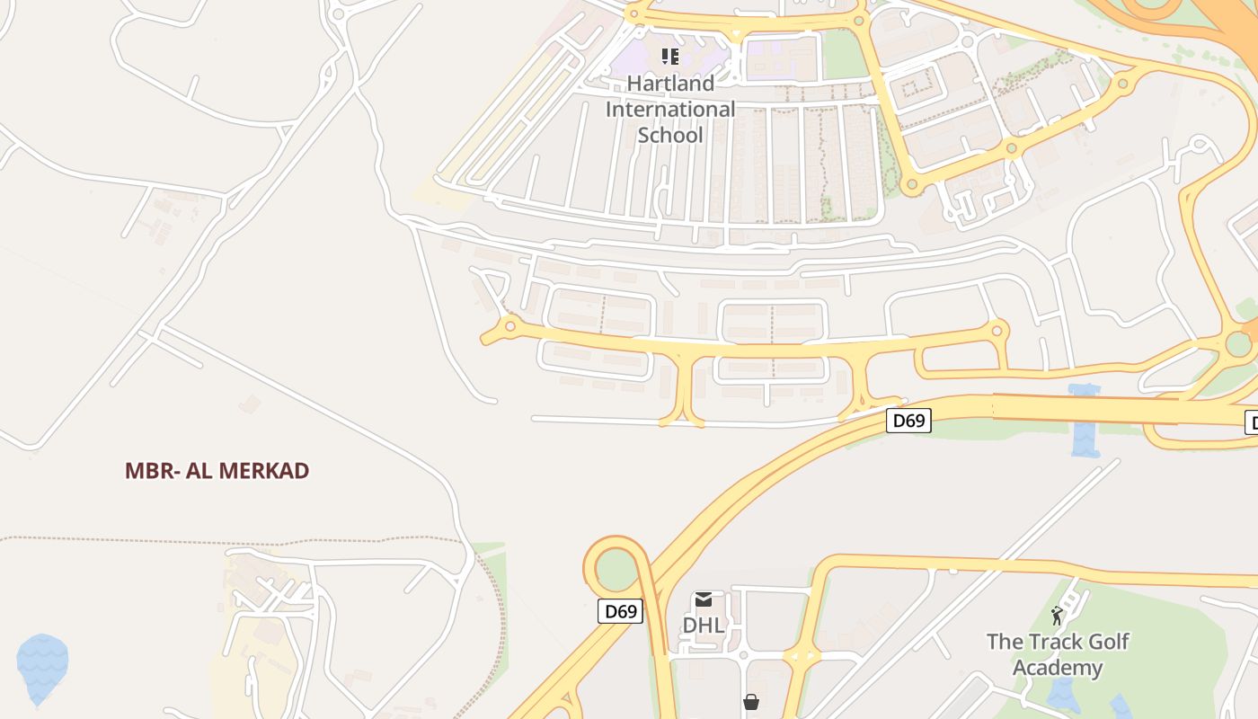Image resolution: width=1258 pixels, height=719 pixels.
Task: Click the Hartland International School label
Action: tap(670, 109)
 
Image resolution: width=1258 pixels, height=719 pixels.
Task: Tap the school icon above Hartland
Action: tap(670, 58)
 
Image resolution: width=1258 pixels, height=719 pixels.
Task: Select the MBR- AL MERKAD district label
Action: tap(217, 471)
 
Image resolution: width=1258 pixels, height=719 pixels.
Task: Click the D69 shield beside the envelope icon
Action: tap(620, 612)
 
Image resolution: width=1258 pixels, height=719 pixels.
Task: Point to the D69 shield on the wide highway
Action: tap(908, 421)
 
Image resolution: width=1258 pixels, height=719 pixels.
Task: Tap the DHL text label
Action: tap(704, 625)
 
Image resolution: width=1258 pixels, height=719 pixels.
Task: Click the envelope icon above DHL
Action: tap(704, 599)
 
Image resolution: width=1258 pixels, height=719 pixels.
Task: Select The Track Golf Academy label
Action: tap(1058, 654)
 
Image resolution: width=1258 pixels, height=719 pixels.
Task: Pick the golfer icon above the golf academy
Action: tap(1057, 616)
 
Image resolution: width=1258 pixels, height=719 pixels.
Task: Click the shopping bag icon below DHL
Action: tap(750, 702)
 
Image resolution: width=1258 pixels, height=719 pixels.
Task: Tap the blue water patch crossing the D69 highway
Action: tap(1085, 422)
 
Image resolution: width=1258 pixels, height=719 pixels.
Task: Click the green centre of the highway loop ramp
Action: tap(616, 567)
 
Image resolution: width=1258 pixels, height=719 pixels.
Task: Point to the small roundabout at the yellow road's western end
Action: tap(509, 325)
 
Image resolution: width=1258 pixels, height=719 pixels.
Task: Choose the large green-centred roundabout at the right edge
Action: tap(1238, 343)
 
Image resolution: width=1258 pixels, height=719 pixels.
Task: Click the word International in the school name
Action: tap(670, 109)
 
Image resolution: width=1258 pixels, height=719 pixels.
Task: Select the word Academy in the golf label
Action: tap(1058, 668)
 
